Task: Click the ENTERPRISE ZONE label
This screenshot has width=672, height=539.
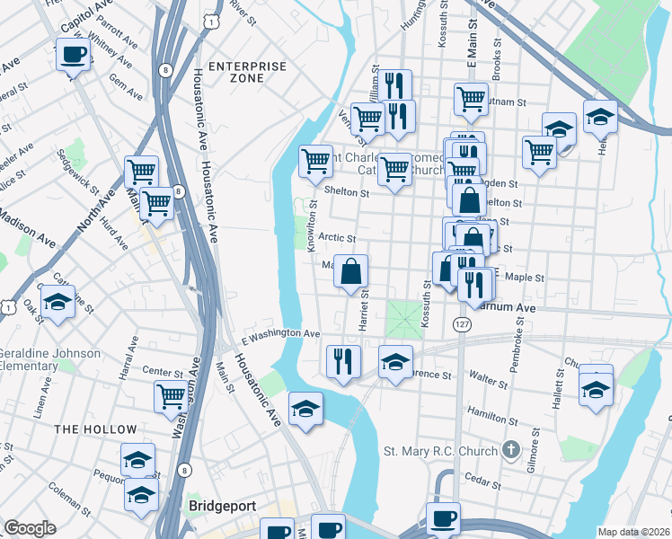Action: (x=247, y=73)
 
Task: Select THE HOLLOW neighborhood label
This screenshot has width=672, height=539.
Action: (x=95, y=429)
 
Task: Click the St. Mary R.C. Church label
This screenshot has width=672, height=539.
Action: (x=440, y=449)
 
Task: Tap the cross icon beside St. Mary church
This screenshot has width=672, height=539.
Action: (x=510, y=447)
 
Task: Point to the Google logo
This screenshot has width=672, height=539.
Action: (x=30, y=528)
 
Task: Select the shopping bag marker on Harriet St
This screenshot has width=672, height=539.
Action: (x=351, y=270)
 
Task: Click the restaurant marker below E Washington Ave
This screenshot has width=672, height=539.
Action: (x=343, y=361)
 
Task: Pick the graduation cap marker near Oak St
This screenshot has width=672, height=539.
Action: (x=57, y=303)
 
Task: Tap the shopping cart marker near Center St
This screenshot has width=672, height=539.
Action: (x=171, y=395)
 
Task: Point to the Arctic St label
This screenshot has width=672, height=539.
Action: (x=339, y=239)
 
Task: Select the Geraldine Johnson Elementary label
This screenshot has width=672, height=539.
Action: (x=52, y=359)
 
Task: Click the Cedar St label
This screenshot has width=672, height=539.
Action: (x=483, y=482)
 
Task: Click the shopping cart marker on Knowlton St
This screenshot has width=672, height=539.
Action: (x=315, y=163)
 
